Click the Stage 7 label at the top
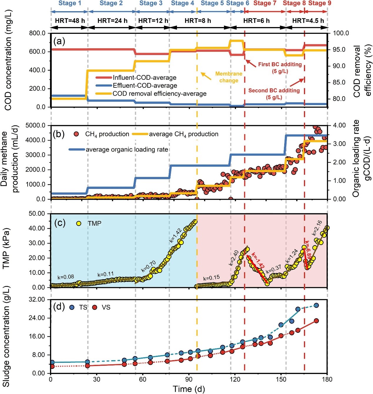tap(265, 3)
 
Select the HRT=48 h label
tap(70, 21)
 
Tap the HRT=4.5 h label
tap(308, 21)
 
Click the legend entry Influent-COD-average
tap(144, 78)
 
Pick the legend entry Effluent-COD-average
tap(145, 86)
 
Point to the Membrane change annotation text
tap(229, 77)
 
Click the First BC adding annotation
tap(280, 67)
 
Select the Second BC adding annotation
tap(274, 94)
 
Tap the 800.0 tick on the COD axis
tap(37, 33)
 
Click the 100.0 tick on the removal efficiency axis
tap(341, 33)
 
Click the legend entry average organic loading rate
tap(127, 149)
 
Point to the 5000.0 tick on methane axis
tap(36, 125)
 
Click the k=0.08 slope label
tap(66, 277)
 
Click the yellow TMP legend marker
tap(78, 223)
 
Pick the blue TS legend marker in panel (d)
tap(72, 307)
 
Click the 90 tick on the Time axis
tap(189, 379)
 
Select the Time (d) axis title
tap(189, 389)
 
